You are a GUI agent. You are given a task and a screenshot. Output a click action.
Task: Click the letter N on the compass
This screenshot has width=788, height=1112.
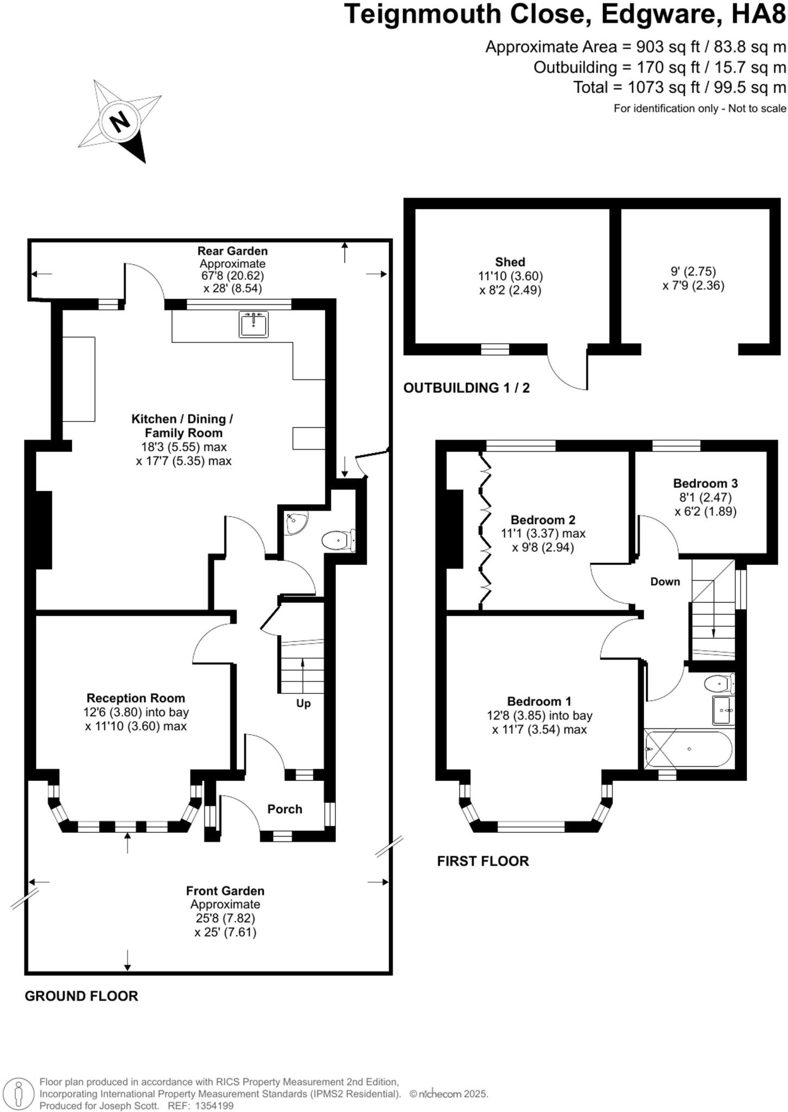click(120, 122)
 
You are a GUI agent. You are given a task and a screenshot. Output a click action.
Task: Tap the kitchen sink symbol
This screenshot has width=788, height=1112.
click(253, 324)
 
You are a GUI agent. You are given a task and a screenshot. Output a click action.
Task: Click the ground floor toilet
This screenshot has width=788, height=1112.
click(337, 541)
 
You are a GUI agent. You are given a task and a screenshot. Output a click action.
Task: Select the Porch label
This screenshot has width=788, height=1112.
click(284, 809)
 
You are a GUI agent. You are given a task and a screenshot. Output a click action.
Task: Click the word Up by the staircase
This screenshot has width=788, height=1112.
click(303, 703)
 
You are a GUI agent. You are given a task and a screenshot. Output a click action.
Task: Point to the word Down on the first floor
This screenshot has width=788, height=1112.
click(665, 582)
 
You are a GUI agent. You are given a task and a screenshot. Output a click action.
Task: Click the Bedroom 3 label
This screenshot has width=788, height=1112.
click(705, 483)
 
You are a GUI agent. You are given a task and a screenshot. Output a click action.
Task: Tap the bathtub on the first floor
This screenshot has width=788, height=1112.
click(688, 749)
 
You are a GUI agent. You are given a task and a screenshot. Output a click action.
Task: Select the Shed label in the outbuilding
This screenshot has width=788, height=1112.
click(510, 262)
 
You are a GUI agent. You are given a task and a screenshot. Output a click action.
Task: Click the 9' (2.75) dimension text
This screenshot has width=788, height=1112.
click(693, 271)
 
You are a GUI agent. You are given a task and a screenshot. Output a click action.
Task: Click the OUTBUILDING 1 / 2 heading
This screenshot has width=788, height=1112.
click(466, 388)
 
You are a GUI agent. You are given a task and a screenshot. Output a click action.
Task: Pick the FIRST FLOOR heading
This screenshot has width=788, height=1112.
click(482, 861)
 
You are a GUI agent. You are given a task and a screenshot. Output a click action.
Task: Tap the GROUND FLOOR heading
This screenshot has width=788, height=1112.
click(81, 996)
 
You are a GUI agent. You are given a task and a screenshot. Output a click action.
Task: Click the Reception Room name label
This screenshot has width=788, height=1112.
click(136, 698)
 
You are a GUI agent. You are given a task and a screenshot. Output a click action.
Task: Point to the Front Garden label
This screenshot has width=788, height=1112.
click(225, 890)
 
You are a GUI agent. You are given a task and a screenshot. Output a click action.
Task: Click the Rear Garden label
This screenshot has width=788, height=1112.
click(232, 251)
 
